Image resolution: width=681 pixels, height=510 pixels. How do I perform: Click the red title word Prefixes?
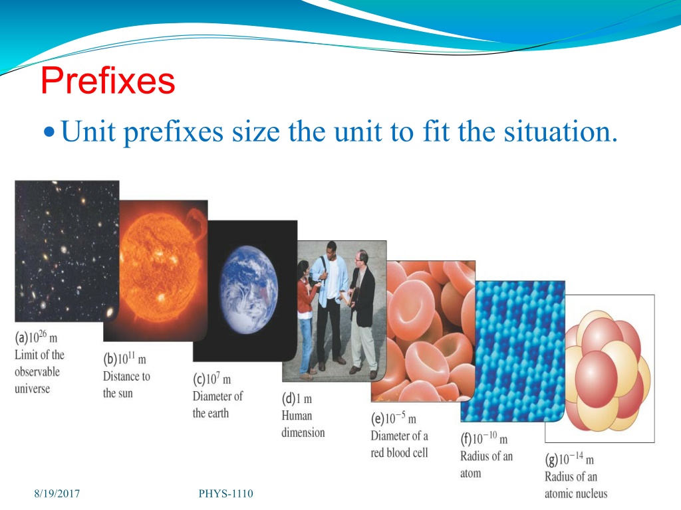108,80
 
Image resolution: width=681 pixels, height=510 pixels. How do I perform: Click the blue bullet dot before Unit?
50,131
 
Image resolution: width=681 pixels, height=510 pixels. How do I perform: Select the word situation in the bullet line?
560,131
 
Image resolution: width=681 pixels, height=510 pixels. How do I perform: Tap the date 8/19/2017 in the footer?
57,493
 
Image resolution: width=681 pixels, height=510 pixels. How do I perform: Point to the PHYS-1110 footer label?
226,493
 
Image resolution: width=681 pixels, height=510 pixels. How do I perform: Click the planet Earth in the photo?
249,290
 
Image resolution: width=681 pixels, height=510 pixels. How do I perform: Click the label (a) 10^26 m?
36,337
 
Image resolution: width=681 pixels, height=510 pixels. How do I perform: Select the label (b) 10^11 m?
124,358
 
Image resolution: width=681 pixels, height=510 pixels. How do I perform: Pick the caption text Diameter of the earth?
217,404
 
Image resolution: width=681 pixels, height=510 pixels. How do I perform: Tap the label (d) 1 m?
297,398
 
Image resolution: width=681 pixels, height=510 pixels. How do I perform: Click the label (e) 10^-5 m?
394,418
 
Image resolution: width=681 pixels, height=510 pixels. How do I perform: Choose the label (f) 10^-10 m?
484,438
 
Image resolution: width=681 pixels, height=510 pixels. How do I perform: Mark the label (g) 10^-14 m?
569,459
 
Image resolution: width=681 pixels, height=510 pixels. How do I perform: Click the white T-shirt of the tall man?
333,278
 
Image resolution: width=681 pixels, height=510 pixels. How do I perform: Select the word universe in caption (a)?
32,388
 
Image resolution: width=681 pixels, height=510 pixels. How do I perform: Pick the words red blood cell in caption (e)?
399,453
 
